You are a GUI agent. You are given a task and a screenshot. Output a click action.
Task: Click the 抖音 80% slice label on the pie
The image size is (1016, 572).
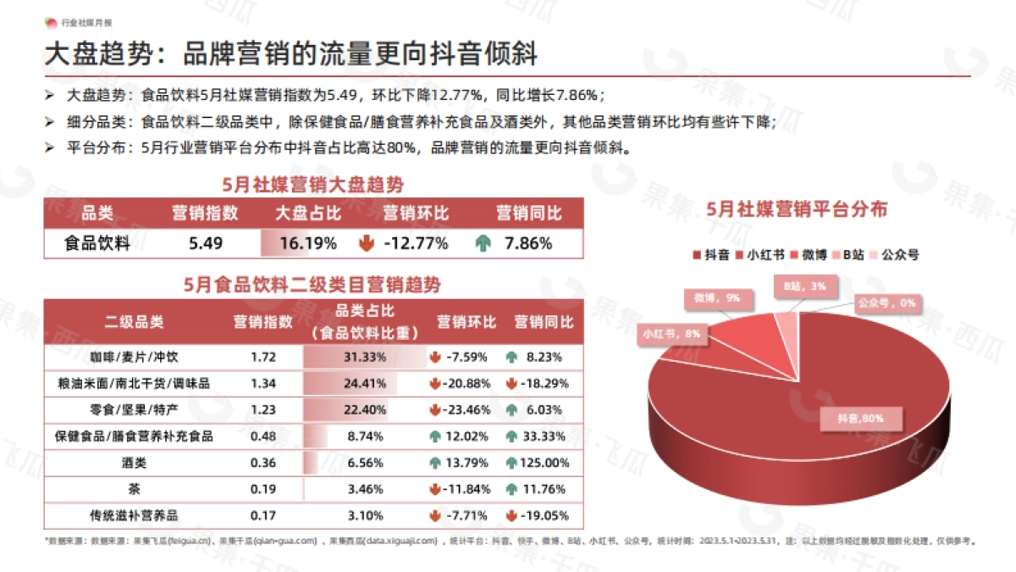point(861,418)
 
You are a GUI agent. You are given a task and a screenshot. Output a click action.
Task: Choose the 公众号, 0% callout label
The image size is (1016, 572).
point(886,303)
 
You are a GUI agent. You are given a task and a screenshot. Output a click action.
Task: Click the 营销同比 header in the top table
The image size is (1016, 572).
point(528,213)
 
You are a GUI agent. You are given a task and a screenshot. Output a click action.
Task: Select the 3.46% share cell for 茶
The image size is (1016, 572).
point(366,489)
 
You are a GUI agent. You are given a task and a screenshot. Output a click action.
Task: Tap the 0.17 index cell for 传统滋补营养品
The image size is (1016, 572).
point(263,515)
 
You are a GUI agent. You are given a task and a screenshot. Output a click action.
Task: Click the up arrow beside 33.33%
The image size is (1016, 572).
point(511,436)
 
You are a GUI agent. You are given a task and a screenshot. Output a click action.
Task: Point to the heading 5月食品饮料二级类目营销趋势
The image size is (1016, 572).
point(312,285)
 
